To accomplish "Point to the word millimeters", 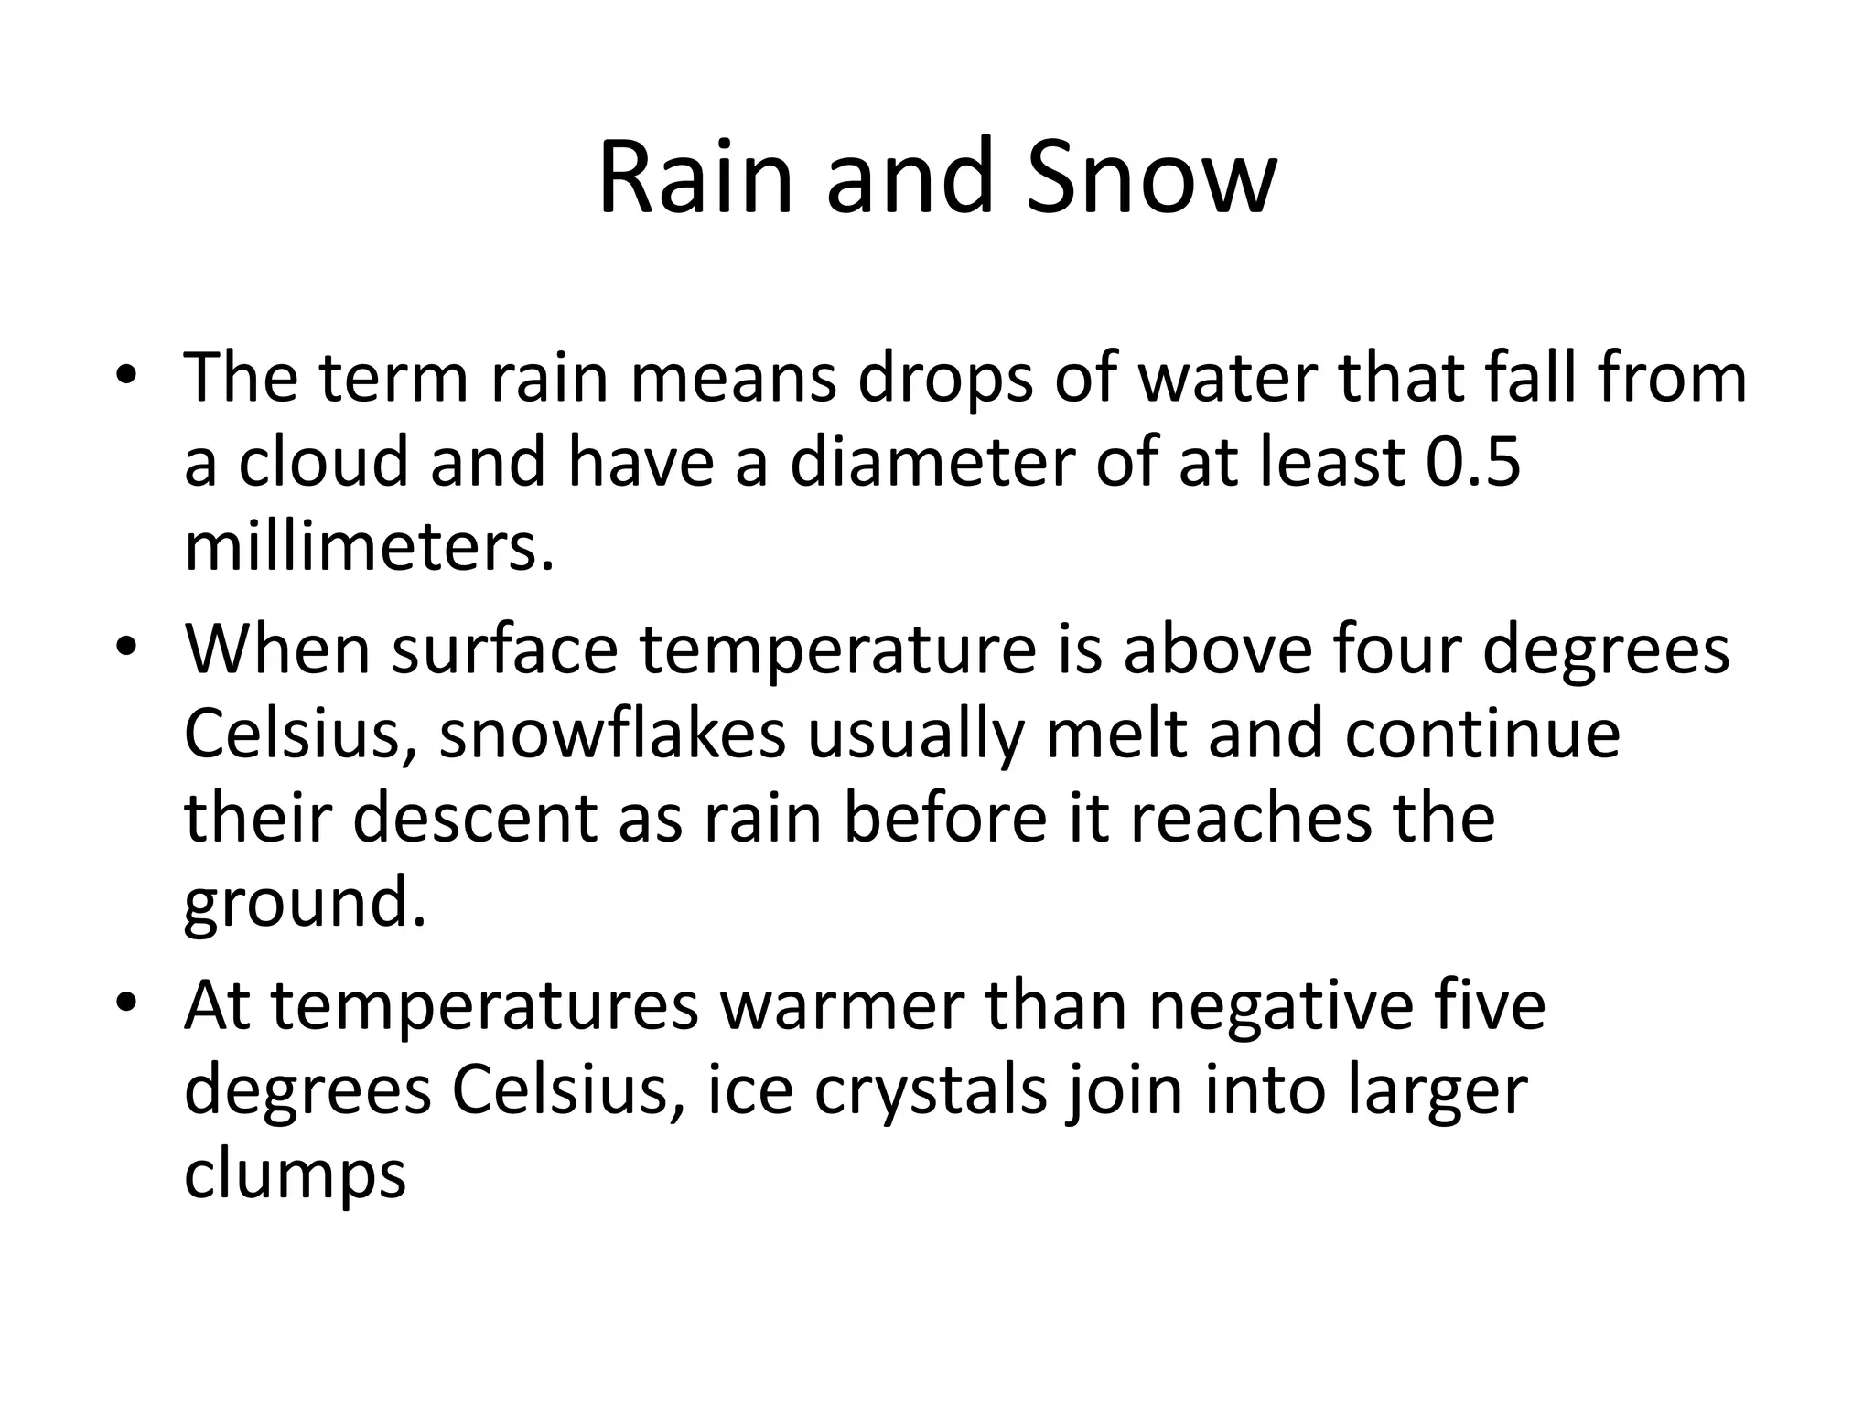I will click(369, 546).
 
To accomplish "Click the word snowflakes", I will click(612, 735).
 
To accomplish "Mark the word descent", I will click(475, 819).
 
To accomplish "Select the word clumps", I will click(295, 1176).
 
